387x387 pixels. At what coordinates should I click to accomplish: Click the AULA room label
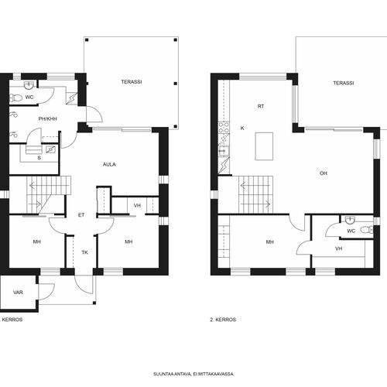click(x=109, y=164)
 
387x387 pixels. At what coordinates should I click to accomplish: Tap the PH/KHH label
click(x=48, y=119)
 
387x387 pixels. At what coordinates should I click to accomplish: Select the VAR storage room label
click(x=18, y=293)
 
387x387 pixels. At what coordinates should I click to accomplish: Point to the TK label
click(x=85, y=252)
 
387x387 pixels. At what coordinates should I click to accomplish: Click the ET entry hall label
click(x=81, y=215)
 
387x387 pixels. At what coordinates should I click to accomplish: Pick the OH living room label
click(x=324, y=173)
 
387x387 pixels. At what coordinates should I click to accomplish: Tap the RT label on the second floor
click(x=261, y=106)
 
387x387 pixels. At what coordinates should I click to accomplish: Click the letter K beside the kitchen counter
click(x=242, y=128)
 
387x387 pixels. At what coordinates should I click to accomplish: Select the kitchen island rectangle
click(x=264, y=146)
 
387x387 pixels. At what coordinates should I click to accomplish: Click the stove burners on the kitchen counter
click(x=224, y=128)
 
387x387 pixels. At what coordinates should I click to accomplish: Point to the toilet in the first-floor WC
click(x=16, y=98)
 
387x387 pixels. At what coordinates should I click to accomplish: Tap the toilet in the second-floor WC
click(x=367, y=230)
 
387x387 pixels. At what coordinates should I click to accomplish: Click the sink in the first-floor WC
click(x=29, y=85)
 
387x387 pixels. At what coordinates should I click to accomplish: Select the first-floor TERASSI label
click(x=132, y=82)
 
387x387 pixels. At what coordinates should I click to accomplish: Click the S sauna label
click(x=39, y=158)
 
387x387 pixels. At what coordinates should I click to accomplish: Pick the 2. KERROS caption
click(x=223, y=320)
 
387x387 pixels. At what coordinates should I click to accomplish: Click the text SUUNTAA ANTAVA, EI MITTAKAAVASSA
click(x=193, y=374)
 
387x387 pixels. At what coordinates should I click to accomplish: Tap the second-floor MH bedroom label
click(x=270, y=242)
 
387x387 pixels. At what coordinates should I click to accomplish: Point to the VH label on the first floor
click(x=137, y=206)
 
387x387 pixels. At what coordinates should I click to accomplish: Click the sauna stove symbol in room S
click(x=51, y=149)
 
